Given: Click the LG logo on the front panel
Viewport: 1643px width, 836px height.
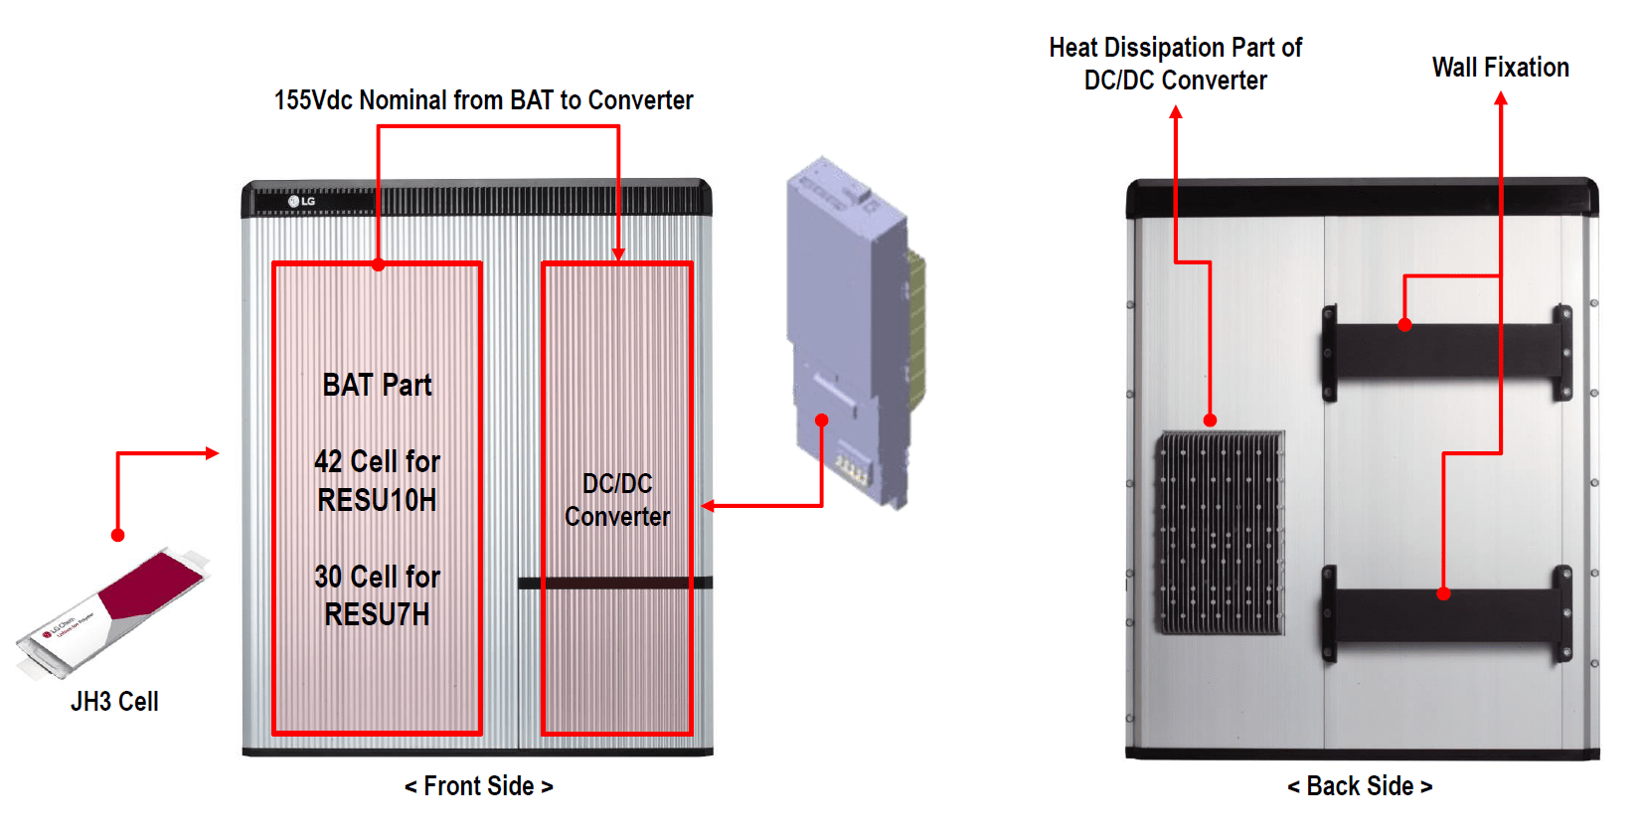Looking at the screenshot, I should [x=302, y=201].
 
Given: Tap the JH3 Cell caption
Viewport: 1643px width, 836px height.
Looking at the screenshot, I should [x=114, y=701].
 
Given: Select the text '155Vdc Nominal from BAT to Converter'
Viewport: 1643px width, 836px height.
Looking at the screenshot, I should [x=483, y=100].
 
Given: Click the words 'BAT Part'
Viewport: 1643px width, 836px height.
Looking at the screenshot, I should [x=377, y=386].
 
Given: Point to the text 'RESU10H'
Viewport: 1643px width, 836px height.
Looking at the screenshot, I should [x=377, y=499].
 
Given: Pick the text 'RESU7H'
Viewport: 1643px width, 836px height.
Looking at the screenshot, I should [x=377, y=614].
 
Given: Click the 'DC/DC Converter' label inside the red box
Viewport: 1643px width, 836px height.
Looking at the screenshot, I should [x=616, y=500].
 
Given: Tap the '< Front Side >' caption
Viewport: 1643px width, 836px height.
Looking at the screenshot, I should [x=478, y=786].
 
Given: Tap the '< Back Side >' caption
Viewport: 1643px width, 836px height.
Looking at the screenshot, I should [x=1359, y=786].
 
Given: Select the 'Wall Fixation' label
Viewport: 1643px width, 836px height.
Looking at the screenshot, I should [x=1500, y=68].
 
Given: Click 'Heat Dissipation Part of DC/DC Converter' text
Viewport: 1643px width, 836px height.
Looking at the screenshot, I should [x=1175, y=64].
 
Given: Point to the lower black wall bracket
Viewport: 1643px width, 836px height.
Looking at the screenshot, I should [x=1446, y=613].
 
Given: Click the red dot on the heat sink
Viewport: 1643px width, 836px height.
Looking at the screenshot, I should [x=1210, y=420].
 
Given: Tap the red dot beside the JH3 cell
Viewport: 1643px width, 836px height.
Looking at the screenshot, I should [x=117, y=535].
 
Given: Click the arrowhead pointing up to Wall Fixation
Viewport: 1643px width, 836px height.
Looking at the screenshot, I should [x=1501, y=98].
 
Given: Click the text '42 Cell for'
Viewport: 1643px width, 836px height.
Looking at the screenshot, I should [x=377, y=461].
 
